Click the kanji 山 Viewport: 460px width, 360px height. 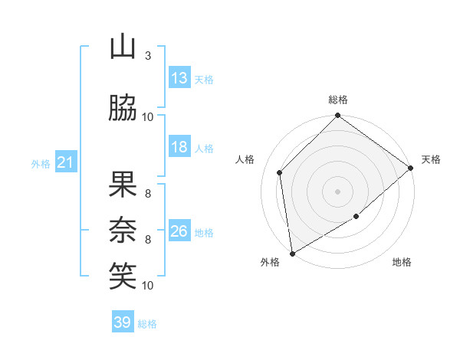(123, 47)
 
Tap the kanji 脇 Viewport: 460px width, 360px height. (123, 109)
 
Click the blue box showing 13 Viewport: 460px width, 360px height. (179, 78)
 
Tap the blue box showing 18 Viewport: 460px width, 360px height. (179, 147)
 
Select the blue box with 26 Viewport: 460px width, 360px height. (179, 231)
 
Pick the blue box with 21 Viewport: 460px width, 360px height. (65, 162)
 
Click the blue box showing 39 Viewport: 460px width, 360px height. (123, 322)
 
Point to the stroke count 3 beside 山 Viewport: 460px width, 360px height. (148, 56)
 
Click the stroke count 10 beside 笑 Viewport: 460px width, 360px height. (148, 286)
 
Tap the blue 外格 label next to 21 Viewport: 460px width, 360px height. (41, 163)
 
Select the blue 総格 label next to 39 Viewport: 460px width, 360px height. (147, 324)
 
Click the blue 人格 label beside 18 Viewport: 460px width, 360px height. (204, 148)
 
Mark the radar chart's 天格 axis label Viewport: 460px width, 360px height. (431, 159)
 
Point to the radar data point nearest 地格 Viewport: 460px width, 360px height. (356, 217)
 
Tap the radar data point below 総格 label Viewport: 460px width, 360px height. (337, 116)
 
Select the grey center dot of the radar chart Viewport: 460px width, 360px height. (337, 191)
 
